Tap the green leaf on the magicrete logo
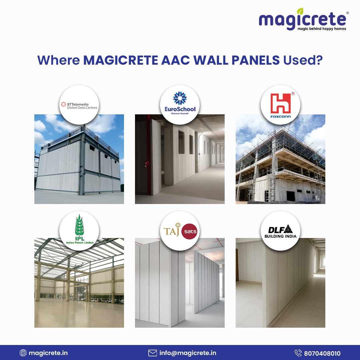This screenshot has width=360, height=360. click(x=300, y=11)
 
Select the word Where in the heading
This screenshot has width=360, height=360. click(x=59, y=60)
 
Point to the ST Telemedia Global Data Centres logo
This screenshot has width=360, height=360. click(x=79, y=105)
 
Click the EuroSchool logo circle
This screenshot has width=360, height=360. click(x=180, y=105)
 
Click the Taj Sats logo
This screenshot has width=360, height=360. click(x=180, y=231)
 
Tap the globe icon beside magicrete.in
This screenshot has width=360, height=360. click(x=23, y=353)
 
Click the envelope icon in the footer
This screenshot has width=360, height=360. click(x=152, y=353)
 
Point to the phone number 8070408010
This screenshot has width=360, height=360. click(x=322, y=353)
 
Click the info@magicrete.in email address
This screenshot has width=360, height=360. click(x=188, y=353)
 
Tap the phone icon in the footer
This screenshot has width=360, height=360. click(x=298, y=353)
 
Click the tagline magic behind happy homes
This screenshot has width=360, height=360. click(x=322, y=29)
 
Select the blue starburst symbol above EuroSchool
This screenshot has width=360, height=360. click(x=180, y=98)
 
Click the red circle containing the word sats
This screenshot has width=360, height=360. click(x=189, y=231)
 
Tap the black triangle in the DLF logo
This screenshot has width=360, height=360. click(x=288, y=229)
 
